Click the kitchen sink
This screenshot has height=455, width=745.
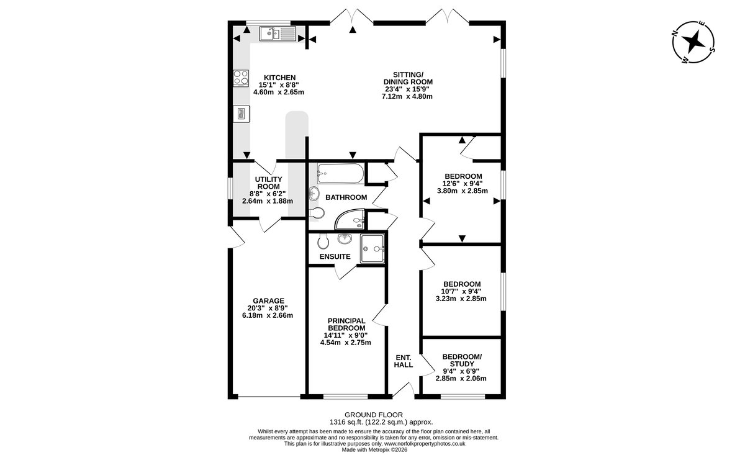pyautogui.click(x=278, y=34)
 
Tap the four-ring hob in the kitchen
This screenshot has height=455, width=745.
pyautogui.click(x=241, y=78)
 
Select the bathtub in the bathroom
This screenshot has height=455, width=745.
pyautogui.click(x=340, y=173)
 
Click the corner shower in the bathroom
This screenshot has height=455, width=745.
pyautogui.click(x=350, y=219)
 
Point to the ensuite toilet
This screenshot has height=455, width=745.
pyautogui.click(x=323, y=241)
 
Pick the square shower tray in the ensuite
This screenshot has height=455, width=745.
pyautogui.click(x=372, y=248)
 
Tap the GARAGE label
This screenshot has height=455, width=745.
pyautogui.click(x=268, y=300)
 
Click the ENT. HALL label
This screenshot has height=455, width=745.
pyautogui.click(x=404, y=361)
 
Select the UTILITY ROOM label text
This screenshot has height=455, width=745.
pyautogui.click(x=268, y=182)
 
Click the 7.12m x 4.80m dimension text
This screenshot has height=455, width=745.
pyautogui.click(x=407, y=96)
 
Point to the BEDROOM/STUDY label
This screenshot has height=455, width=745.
pyautogui.click(x=462, y=360)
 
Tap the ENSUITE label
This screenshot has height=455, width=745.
pyautogui.click(x=335, y=256)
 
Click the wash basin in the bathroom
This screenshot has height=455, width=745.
pyautogui.click(x=314, y=193)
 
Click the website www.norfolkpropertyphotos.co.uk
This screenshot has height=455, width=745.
pyautogui.click(x=425, y=444)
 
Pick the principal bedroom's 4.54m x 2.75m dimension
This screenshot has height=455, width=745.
pyautogui.click(x=346, y=342)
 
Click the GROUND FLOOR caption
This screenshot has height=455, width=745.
pyautogui.click(x=374, y=415)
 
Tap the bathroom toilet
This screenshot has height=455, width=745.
pyautogui.click(x=317, y=213)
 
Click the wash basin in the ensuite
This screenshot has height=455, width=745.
pyautogui.click(x=345, y=239)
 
